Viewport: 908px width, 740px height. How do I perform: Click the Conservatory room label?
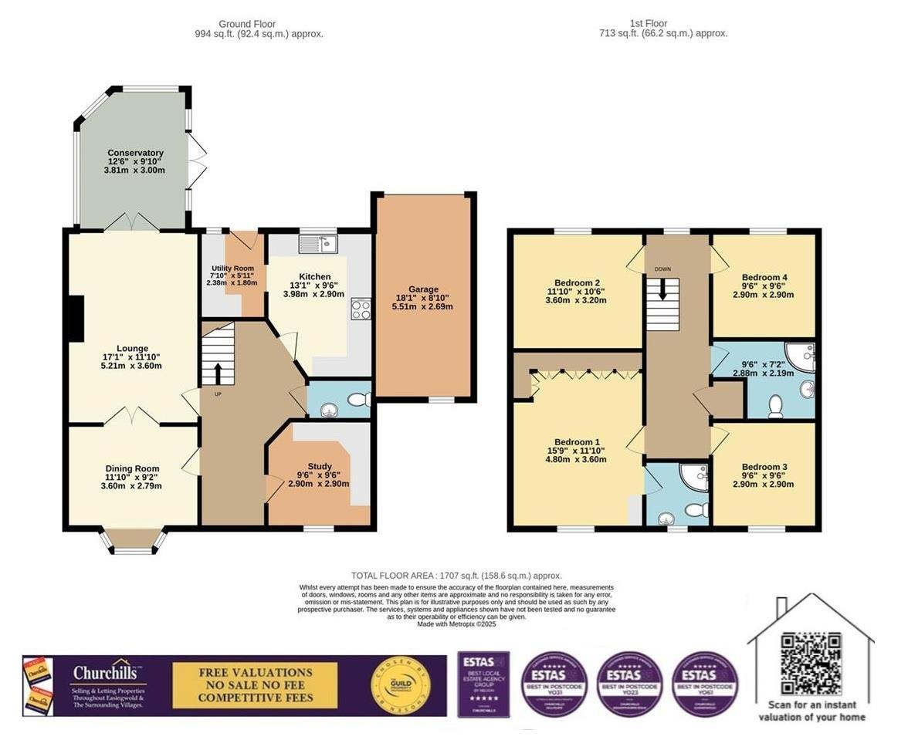tap(135, 153)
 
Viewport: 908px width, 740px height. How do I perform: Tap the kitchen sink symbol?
tap(319, 244)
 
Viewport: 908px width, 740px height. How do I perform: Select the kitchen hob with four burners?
tap(361, 309)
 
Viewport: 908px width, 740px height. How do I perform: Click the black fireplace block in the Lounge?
tap(75, 319)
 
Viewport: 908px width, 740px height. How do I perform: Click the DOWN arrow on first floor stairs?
tap(662, 290)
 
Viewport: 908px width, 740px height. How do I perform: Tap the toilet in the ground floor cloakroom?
tap(357, 400)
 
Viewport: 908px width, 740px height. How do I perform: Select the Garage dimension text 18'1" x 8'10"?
tap(423, 297)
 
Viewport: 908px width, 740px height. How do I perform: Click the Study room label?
tap(320, 466)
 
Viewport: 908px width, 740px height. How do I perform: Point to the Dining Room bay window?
tap(135, 541)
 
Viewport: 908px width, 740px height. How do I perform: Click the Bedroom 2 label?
tap(577, 282)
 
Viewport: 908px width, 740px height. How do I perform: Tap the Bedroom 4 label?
tap(764, 277)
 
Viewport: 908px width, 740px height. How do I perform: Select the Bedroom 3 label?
tap(764, 467)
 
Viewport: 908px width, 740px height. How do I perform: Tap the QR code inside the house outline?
tap(810, 664)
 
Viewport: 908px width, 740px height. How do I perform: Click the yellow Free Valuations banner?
tap(256, 685)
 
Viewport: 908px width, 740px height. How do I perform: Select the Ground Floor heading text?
tap(247, 24)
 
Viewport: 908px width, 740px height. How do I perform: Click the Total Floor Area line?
tap(456, 576)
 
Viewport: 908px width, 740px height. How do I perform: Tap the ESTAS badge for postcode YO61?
tap(706, 685)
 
